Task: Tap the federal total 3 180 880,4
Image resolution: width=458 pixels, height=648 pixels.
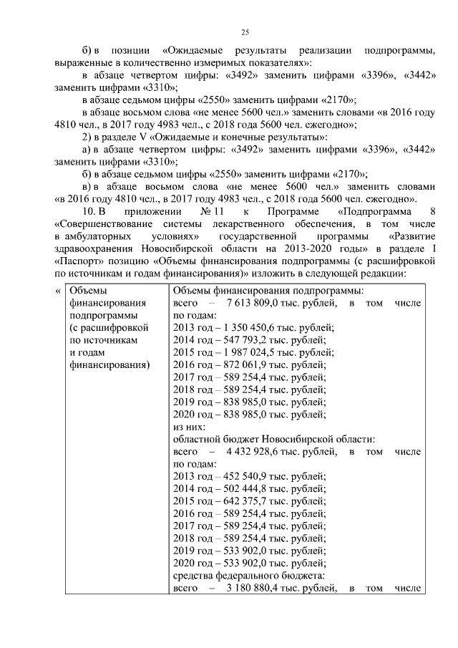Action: coord(252,589)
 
